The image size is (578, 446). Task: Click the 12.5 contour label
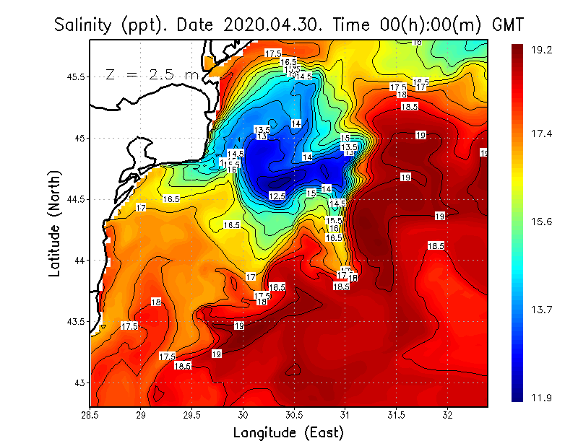pos(277,196)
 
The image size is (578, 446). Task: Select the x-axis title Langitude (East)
pos(288,432)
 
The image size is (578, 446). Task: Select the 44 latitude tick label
pos(80,260)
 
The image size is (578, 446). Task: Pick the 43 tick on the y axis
pos(80,382)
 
